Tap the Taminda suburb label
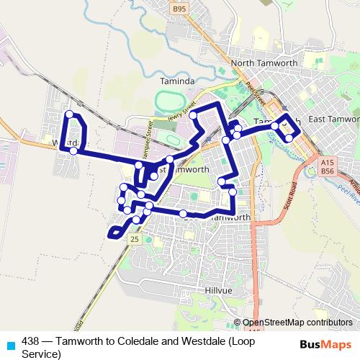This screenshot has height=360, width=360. [177, 82]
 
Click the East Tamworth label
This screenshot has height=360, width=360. [333, 119]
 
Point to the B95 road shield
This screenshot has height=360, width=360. [179, 9]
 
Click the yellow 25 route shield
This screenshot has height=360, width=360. [134, 238]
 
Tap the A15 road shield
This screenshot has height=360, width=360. [328, 163]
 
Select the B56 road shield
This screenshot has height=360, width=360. [328, 172]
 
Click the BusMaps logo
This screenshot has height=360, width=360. [321, 343]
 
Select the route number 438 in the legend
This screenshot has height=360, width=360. [31, 341]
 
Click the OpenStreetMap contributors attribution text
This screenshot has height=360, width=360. [297, 323]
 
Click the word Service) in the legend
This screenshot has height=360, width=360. [42, 354]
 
